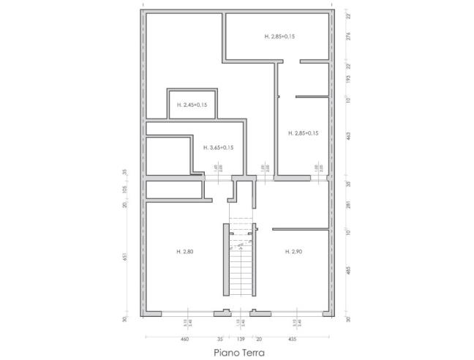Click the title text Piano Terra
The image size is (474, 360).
tap(240, 352)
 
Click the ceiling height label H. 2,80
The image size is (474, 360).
tap(184, 252)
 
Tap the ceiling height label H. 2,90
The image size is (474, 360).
tap(293, 252)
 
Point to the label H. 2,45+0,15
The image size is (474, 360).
tap(192, 105)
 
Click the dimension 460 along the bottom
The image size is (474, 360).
tap(184, 339)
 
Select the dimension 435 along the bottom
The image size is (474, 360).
tap(293, 339)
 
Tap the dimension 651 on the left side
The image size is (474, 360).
tap(125, 256)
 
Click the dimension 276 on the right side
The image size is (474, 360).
tap(348, 37)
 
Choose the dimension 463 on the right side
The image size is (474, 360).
tap(348, 135)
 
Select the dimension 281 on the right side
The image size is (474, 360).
tap(348, 206)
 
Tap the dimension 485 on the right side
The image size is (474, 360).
tap(348, 271)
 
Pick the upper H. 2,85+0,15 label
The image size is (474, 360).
tap(279, 35)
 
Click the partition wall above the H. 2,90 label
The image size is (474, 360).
tap(300, 229)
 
